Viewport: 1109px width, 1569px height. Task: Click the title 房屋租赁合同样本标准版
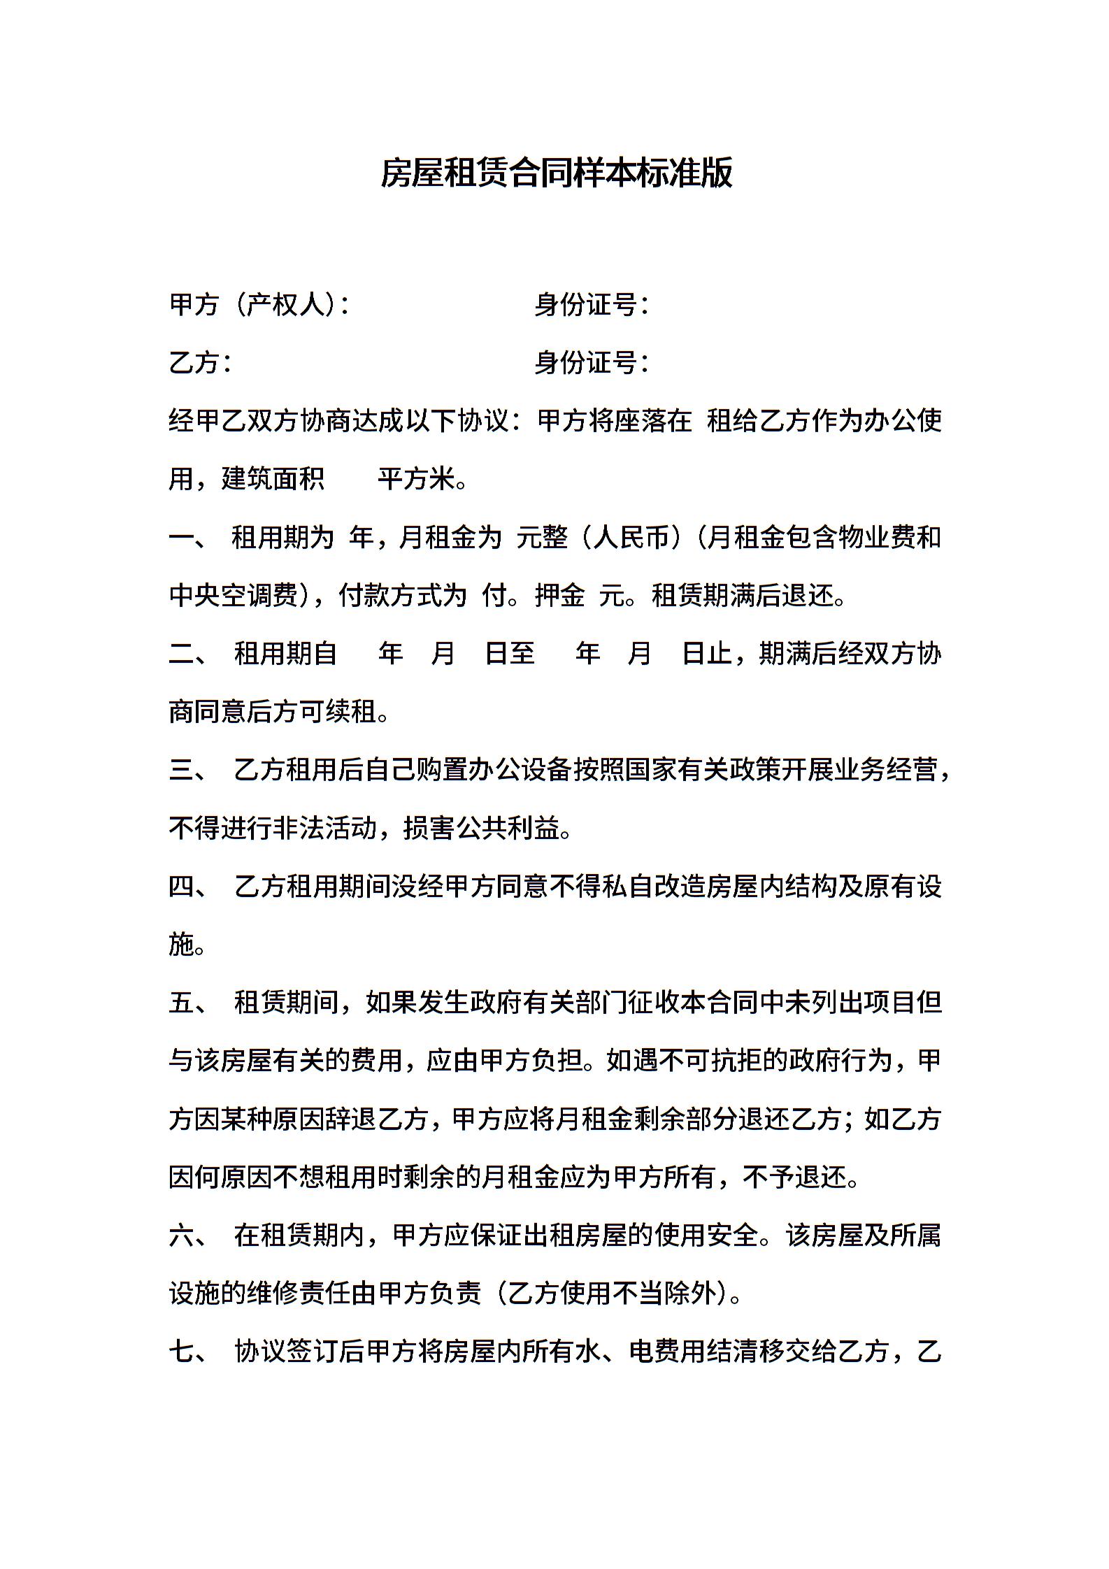click(x=556, y=173)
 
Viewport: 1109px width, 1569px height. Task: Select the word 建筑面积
click(x=273, y=480)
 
